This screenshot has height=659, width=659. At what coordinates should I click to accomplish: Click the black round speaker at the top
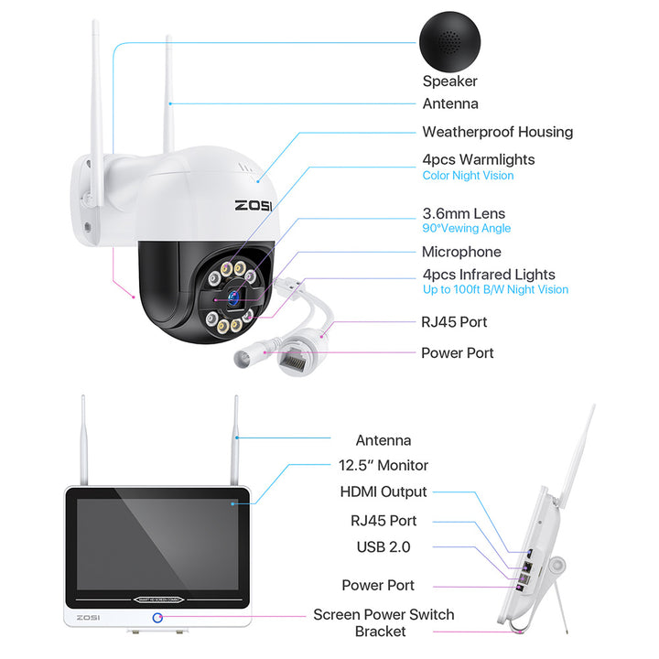point(450,37)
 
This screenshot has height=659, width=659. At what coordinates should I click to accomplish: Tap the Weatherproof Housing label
point(497,132)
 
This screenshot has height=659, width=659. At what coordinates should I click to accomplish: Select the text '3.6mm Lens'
point(463,213)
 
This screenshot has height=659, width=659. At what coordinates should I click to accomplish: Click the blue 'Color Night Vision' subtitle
point(468,176)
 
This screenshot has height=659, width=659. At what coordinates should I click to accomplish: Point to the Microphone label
point(461,252)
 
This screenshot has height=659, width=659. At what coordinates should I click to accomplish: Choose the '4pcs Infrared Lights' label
point(489,275)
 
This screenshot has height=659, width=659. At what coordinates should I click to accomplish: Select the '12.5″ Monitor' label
point(382,465)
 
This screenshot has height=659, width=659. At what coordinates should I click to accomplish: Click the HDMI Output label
point(384,492)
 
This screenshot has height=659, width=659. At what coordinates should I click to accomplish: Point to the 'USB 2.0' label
point(384,546)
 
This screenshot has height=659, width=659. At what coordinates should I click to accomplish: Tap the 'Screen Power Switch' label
point(384,614)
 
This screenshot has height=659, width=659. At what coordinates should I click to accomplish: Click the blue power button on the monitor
point(157,619)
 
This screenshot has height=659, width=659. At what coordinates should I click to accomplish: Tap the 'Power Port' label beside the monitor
point(378,585)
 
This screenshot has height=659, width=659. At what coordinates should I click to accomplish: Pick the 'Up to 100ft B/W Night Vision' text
point(495,290)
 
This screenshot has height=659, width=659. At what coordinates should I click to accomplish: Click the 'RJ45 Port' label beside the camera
point(454,321)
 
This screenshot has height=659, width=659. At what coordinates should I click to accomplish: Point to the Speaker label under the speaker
point(449,81)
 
